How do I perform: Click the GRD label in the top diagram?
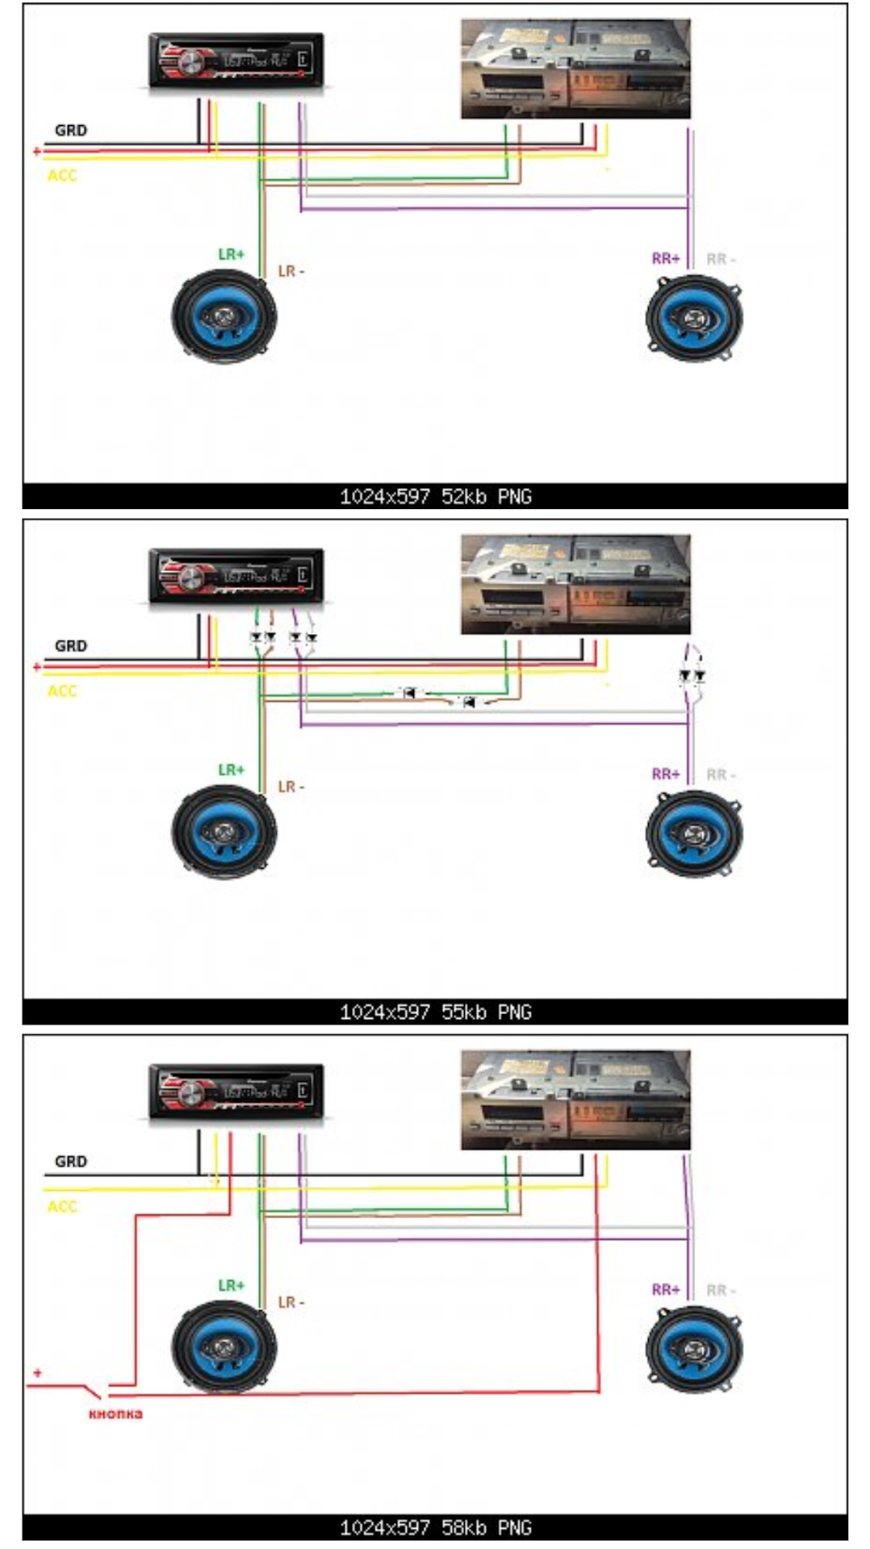click(71, 130)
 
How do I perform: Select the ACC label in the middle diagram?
click(62, 691)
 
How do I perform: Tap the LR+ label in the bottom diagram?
click(231, 1285)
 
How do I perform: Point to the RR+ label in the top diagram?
click(666, 259)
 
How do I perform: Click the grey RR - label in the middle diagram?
click(721, 774)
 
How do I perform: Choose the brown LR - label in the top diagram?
click(291, 271)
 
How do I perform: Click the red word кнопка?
click(115, 1413)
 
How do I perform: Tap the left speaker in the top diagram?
click(224, 315)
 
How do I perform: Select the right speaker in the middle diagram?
click(694, 833)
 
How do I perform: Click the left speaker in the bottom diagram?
click(224, 1347)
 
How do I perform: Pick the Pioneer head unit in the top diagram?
click(236, 60)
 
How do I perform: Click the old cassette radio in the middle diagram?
click(575, 585)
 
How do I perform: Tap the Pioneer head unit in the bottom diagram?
click(236, 1092)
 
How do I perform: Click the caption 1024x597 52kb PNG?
click(435, 497)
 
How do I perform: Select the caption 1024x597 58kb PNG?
click(435, 1527)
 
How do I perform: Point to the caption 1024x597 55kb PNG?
click(435, 1012)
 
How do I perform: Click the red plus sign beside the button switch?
click(37, 1372)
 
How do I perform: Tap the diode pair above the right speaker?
click(692, 674)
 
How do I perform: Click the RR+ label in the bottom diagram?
click(666, 1290)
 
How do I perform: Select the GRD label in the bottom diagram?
click(71, 1162)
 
